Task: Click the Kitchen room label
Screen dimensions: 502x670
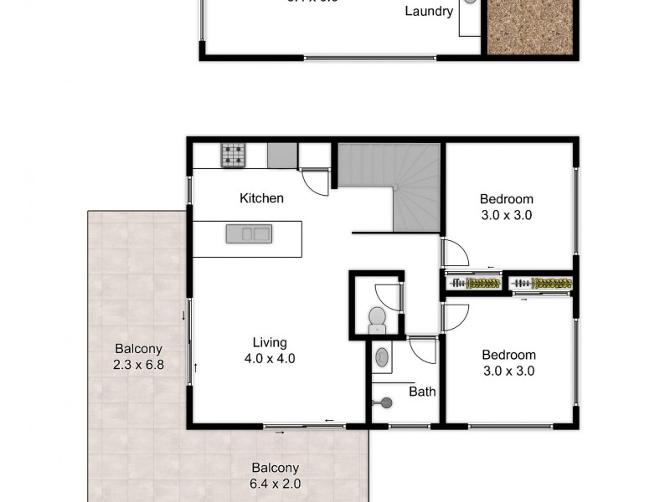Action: click(261, 198)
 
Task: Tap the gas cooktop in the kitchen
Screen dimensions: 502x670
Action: click(234, 154)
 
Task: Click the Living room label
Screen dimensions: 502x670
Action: click(270, 342)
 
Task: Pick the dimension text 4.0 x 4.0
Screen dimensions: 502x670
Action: click(270, 358)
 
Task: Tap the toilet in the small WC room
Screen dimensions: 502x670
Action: click(377, 318)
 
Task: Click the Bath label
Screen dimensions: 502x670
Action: click(422, 391)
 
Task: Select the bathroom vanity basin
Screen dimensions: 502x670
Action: click(383, 358)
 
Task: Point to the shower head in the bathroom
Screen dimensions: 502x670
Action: click(386, 402)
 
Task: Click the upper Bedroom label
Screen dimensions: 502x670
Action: click(506, 199)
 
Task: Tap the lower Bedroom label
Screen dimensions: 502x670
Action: click(508, 355)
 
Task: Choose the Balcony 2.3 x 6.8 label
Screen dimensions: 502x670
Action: click(138, 356)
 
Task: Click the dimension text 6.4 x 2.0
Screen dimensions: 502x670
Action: click(273, 484)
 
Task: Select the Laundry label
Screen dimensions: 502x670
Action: click(429, 12)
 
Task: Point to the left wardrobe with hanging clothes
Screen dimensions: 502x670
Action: click(474, 284)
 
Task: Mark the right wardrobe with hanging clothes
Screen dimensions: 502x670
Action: click(542, 284)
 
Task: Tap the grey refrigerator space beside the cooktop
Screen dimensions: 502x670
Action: click(282, 155)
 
